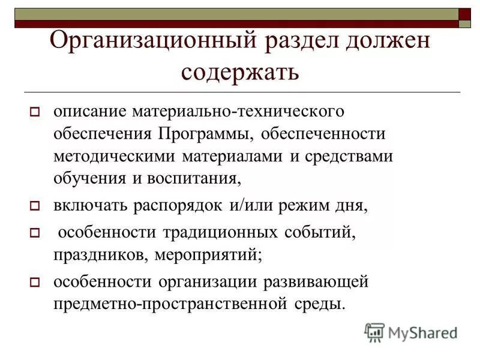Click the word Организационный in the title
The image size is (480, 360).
click(149, 42)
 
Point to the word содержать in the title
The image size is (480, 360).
click(240, 72)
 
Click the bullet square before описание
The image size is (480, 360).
click(35, 112)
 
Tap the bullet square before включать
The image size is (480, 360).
click(35, 206)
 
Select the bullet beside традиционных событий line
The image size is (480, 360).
click(35, 232)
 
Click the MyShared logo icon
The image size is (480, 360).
click(374, 332)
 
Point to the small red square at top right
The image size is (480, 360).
click(465, 14)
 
